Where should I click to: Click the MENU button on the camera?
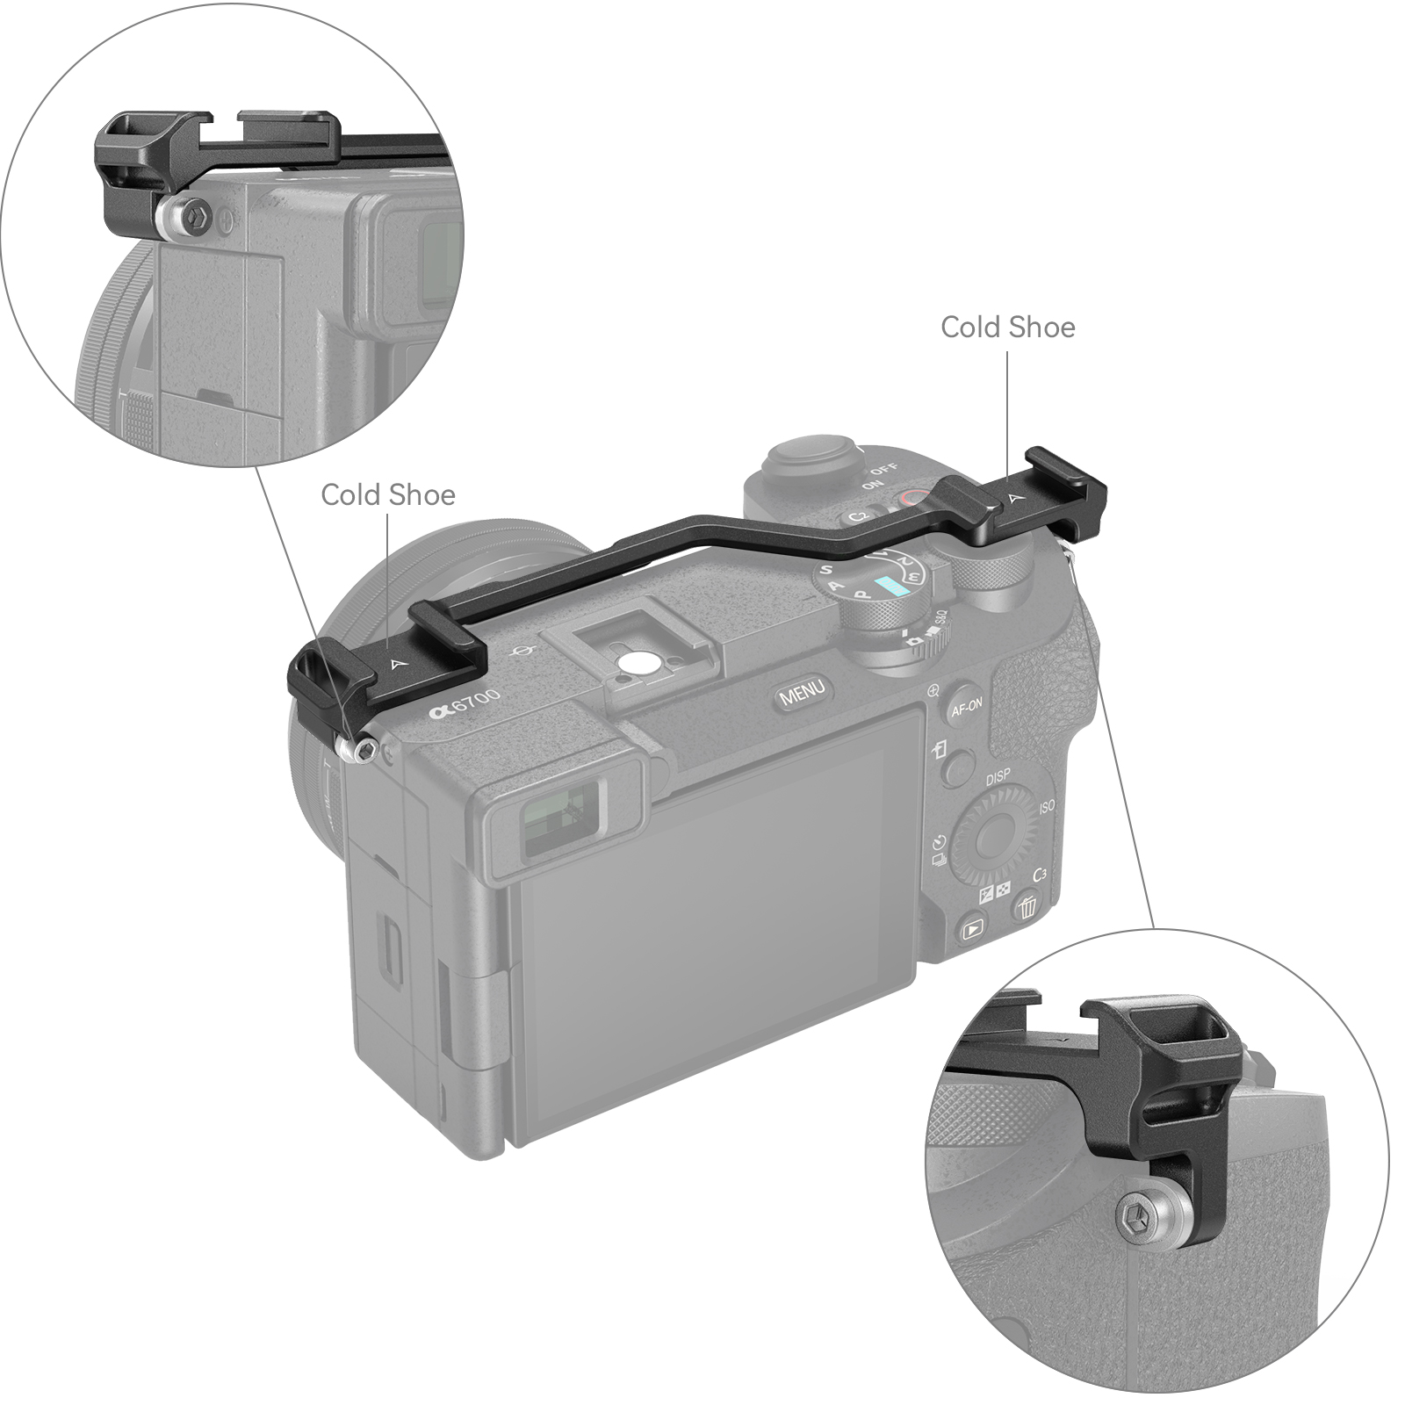click(x=802, y=692)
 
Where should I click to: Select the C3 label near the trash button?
click(x=1040, y=875)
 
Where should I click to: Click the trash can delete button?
click(x=1027, y=905)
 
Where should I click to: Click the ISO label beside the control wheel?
click(x=1047, y=806)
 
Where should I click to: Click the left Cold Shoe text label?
click(x=387, y=495)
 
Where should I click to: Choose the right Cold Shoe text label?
click(x=1007, y=328)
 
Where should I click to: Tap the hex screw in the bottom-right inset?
click(x=1137, y=1219)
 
